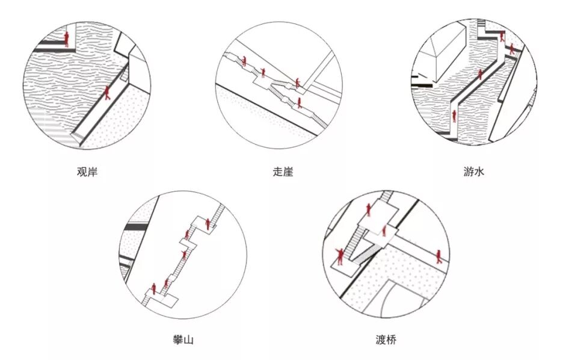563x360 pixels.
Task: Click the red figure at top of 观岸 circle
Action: pos(67,39)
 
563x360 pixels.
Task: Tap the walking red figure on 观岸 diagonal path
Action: pos(108,92)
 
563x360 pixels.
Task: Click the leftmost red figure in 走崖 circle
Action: pos(244,61)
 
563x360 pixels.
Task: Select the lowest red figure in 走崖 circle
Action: pos(299,102)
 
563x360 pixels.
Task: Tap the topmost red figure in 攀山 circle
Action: pos(208,224)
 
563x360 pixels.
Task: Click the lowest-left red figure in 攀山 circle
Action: pos(154,288)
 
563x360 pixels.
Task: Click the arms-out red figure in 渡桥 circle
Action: pos(340,256)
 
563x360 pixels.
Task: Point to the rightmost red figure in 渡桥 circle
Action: pos(439,256)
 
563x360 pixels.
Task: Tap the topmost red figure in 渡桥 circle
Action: pos(369,209)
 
